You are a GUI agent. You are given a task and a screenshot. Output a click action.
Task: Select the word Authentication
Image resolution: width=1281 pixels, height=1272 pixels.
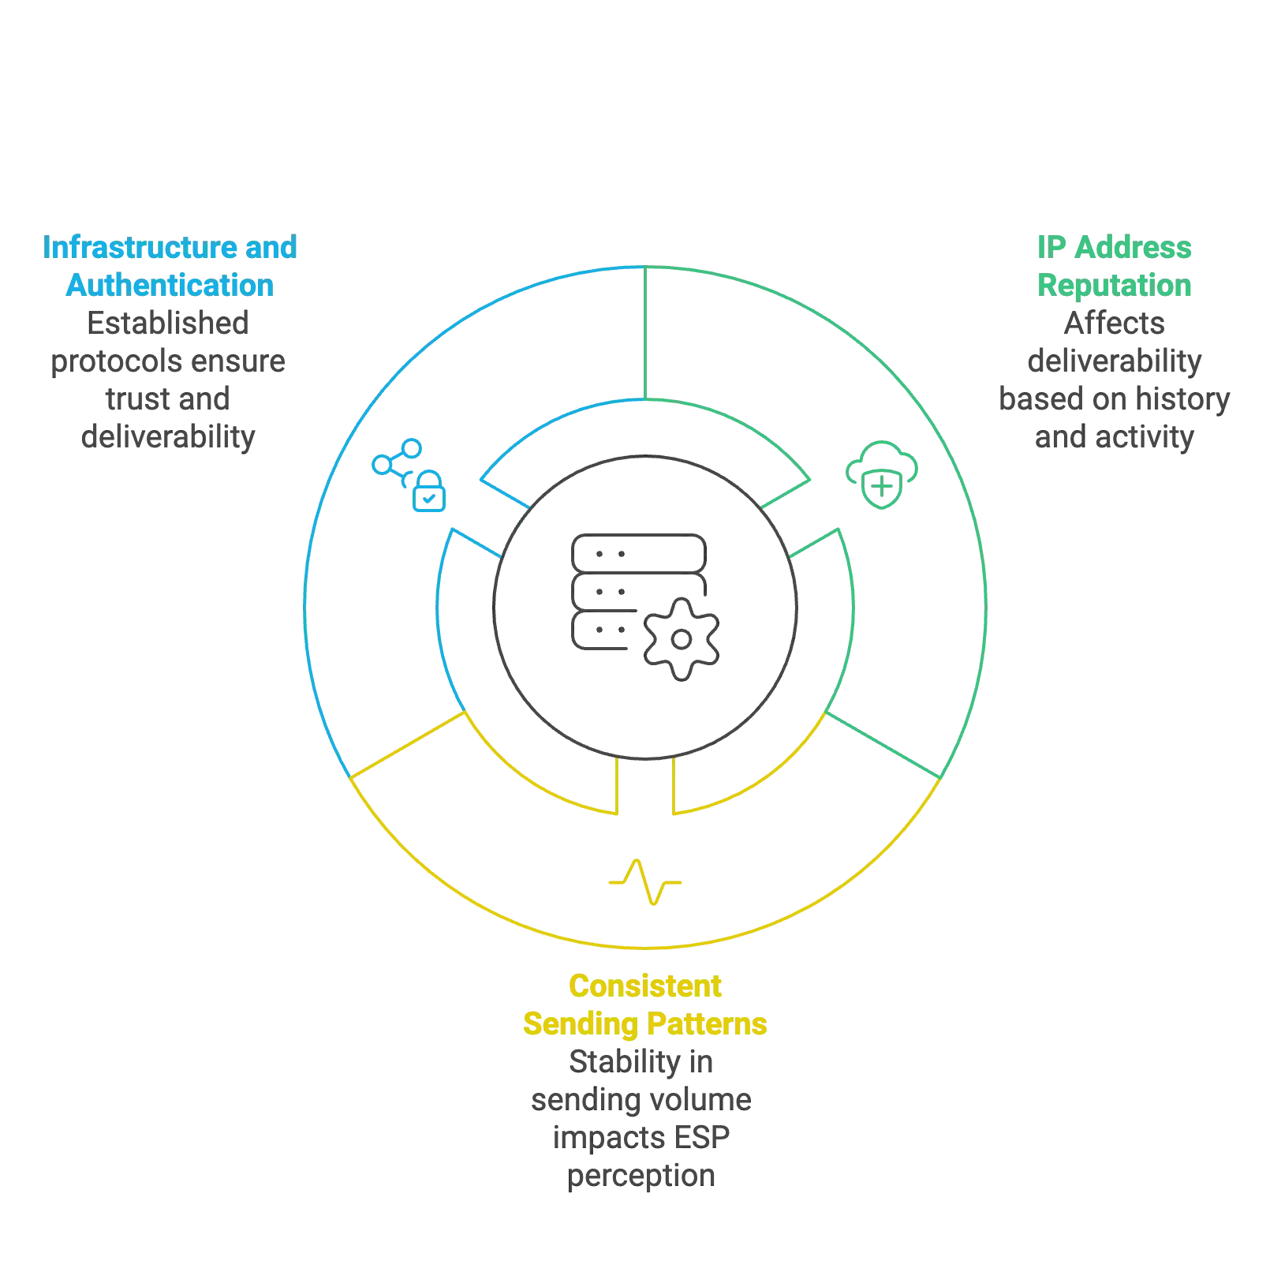pos(170,285)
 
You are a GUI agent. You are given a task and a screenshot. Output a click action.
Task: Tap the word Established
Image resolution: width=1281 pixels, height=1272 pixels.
pos(170,323)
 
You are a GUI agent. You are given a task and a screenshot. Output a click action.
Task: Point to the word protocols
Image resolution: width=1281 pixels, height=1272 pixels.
pos(106,361)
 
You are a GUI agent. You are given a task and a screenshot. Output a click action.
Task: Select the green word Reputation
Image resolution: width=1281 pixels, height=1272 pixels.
pos(1113,285)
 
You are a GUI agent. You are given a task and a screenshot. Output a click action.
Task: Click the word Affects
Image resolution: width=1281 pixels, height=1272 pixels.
pos(1113,323)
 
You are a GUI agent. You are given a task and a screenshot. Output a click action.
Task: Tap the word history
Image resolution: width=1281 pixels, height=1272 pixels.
pos(1182,399)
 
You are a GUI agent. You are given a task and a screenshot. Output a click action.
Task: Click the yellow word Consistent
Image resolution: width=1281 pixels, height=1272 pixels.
pos(645,986)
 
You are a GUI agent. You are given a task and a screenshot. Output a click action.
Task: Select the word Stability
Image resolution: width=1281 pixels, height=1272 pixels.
pos(624,1062)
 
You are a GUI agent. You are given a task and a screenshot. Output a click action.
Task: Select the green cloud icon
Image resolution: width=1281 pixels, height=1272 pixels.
pos(882,475)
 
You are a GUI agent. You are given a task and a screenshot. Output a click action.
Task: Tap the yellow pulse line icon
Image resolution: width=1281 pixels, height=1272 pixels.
pos(645,882)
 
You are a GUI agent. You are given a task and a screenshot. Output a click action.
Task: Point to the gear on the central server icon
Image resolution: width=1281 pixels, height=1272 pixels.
pos(681,638)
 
